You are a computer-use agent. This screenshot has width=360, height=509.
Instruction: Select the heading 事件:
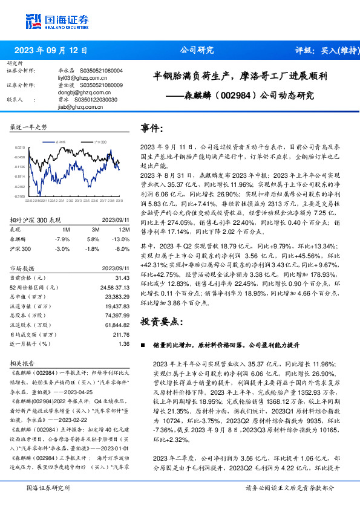152,129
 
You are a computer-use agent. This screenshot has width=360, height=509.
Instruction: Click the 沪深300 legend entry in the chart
100,142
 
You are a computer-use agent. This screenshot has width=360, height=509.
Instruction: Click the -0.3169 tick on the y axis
20,196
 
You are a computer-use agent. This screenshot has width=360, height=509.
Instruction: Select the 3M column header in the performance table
94,230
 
